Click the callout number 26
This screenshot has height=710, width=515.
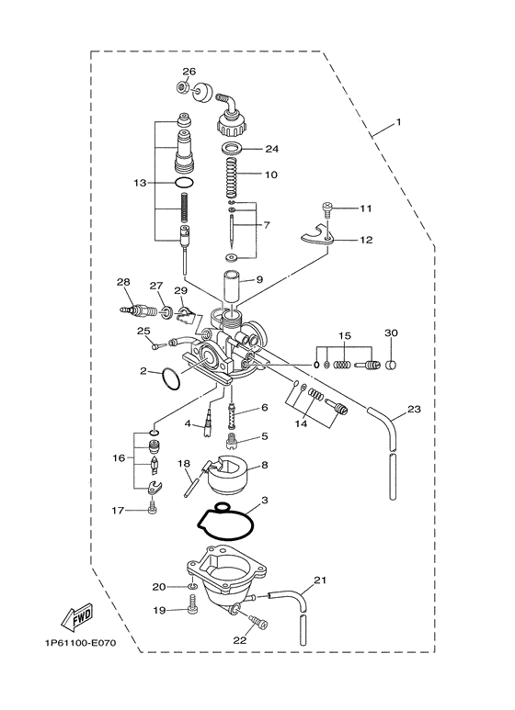(x=189, y=72)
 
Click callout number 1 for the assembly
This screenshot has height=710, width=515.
(x=398, y=121)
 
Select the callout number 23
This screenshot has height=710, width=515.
(x=415, y=409)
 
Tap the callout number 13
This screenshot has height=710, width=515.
(x=140, y=183)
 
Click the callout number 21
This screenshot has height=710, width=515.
(x=319, y=579)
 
